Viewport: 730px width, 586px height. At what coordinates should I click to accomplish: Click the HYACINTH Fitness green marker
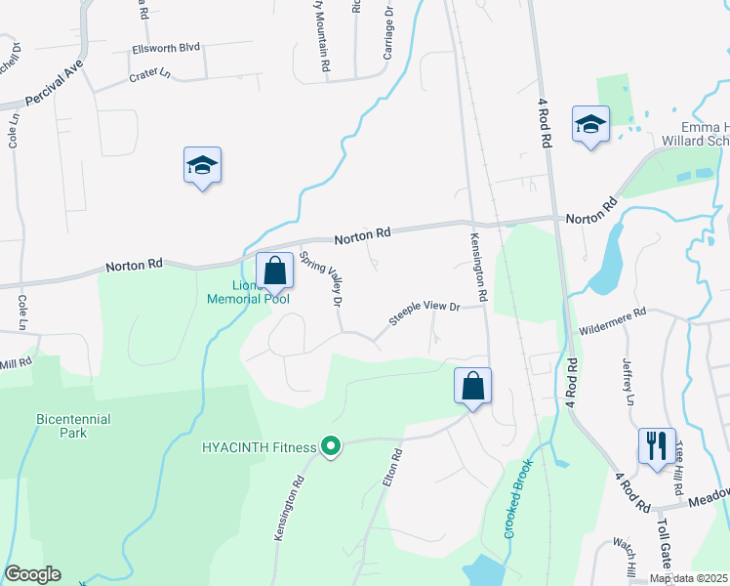point(331,447)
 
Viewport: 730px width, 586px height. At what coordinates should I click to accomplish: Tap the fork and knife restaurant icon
point(655,445)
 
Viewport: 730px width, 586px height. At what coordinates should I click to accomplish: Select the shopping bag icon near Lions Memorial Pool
point(274,271)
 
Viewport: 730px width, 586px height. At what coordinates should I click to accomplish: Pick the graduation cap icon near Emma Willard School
point(589,124)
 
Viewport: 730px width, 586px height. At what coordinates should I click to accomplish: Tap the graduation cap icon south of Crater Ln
point(202,165)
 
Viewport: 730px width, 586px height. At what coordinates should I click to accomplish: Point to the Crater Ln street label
point(150,73)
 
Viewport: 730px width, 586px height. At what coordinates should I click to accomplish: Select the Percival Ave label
point(56,84)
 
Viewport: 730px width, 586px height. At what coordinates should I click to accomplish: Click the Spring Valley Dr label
point(322,278)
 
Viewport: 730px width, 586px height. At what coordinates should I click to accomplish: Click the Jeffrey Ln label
point(628,383)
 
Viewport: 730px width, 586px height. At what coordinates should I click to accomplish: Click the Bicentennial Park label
point(73,425)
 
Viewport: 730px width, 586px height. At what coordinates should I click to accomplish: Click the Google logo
point(32,574)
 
